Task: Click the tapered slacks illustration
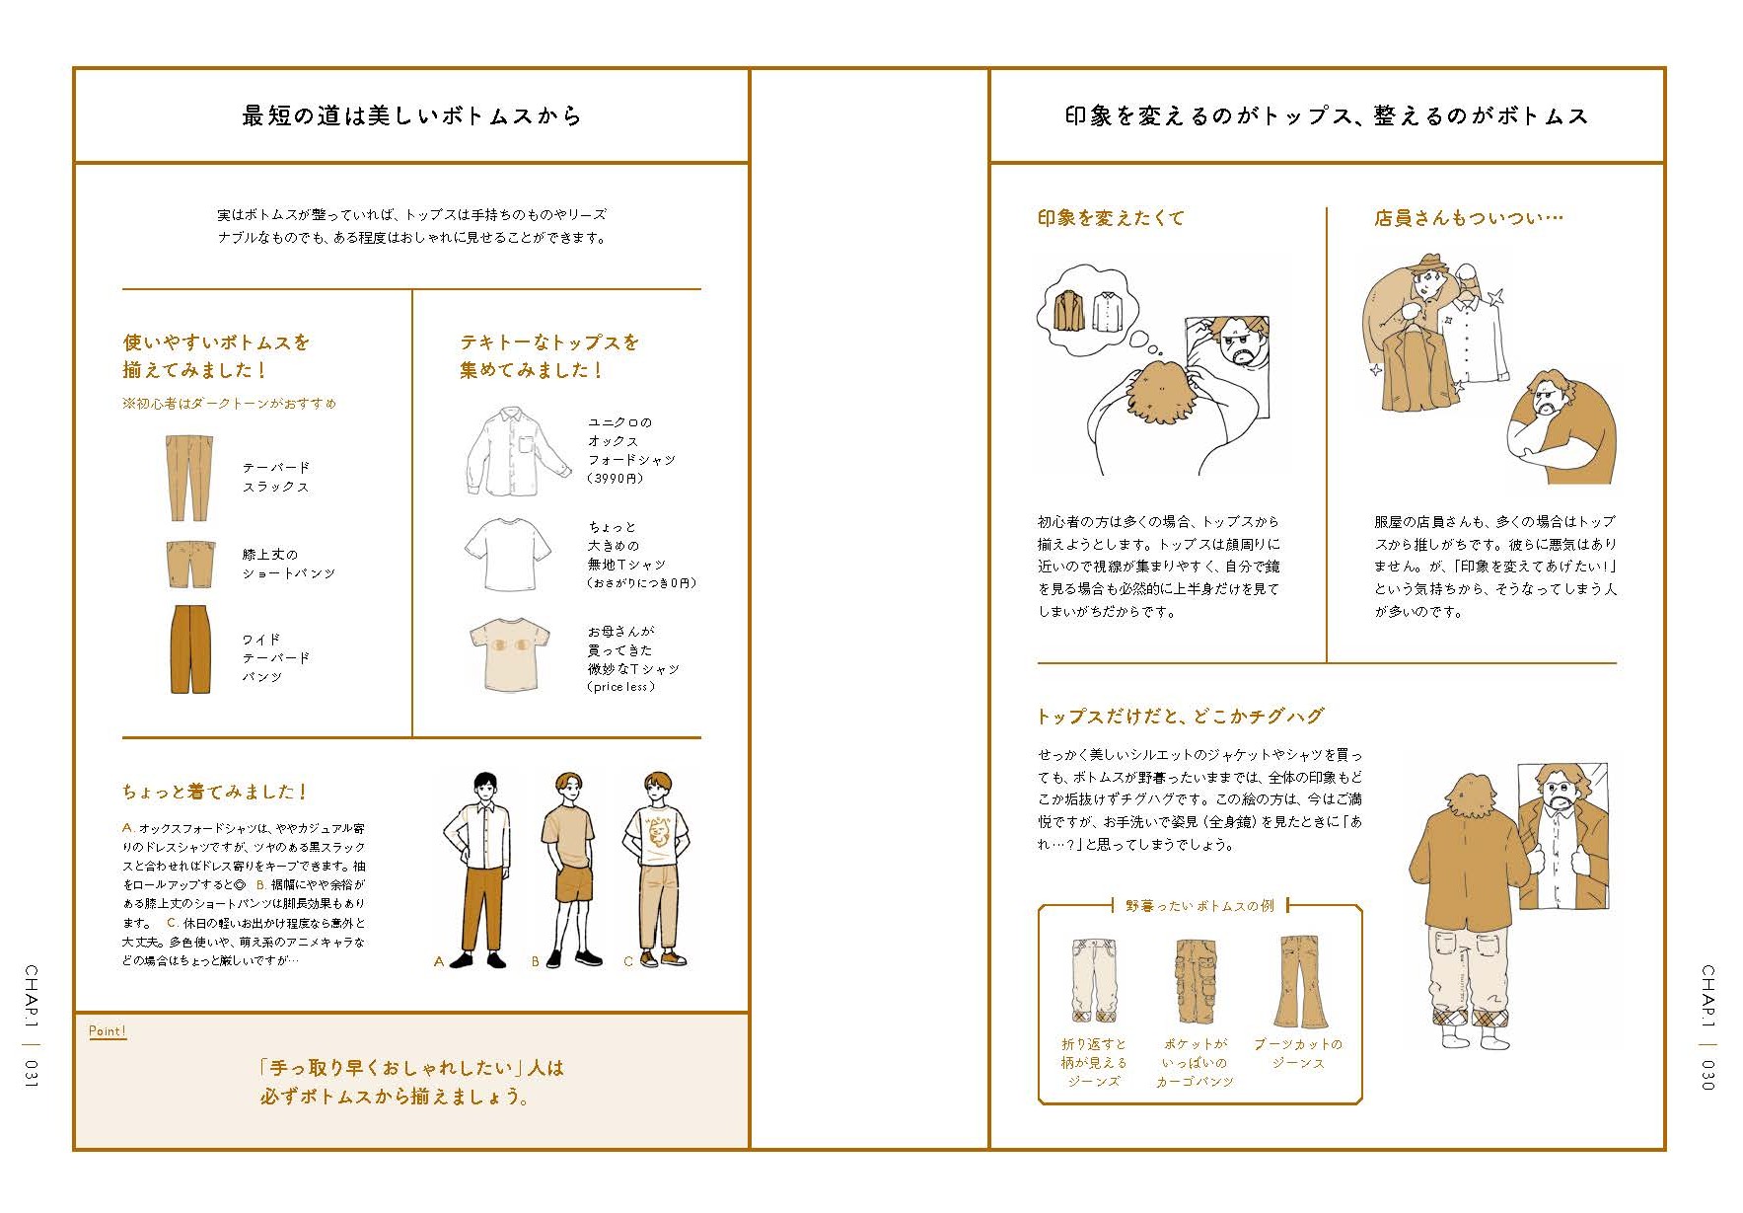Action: pyautogui.click(x=188, y=477)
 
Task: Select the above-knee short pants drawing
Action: pyautogui.click(x=188, y=564)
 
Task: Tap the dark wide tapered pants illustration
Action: pyautogui.click(x=189, y=649)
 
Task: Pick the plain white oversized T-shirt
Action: pyautogui.click(x=508, y=554)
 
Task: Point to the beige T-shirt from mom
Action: pyautogui.click(x=510, y=654)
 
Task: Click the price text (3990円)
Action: pyautogui.click(x=616, y=479)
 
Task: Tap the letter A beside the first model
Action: pyautogui.click(x=439, y=961)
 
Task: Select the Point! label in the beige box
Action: pyautogui.click(x=108, y=1031)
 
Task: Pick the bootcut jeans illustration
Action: pyautogui.click(x=1299, y=982)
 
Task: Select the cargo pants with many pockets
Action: pyautogui.click(x=1195, y=981)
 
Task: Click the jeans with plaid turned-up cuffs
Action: pyautogui.click(x=1094, y=980)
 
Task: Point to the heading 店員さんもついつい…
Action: pyautogui.click(x=1469, y=218)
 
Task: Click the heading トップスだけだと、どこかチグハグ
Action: pyautogui.click(x=1180, y=717)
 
